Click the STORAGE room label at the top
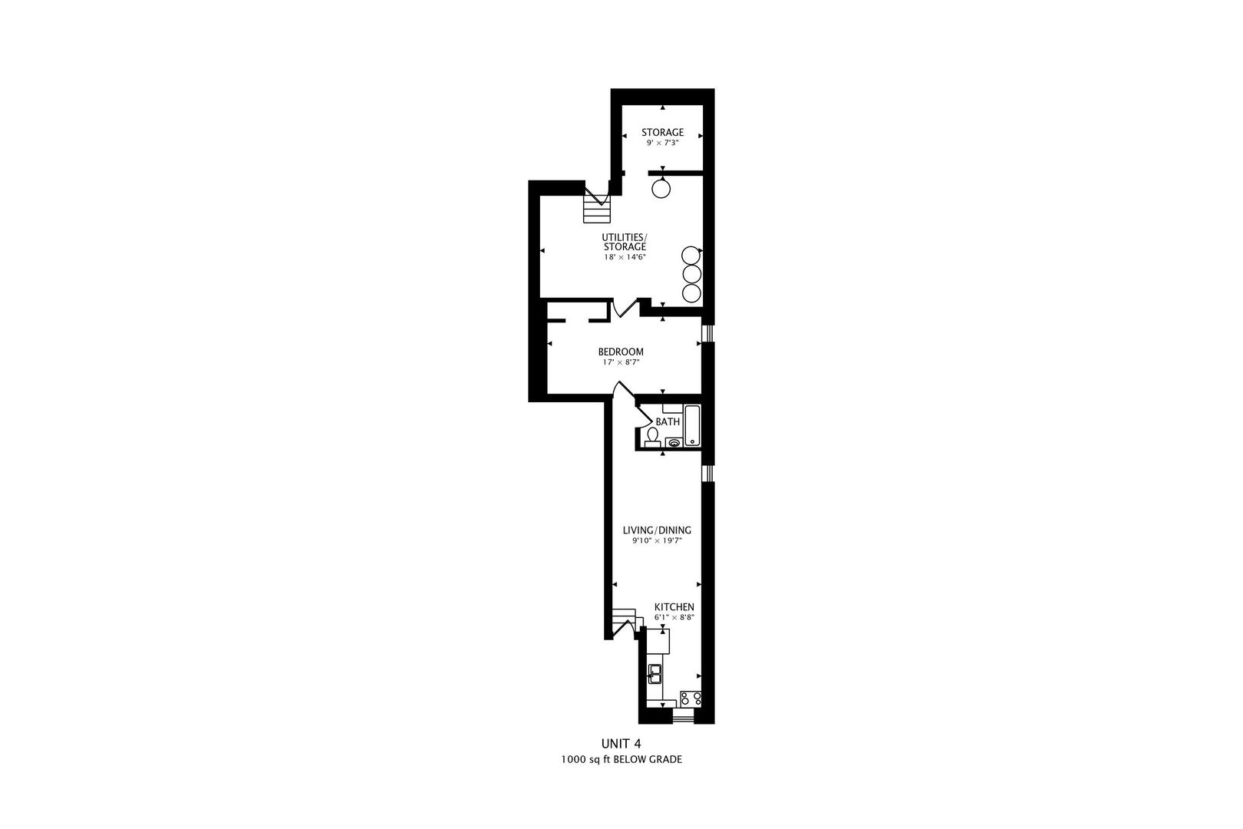[x=663, y=132]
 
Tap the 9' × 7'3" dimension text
[x=663, y=143]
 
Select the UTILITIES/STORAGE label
[x=625, y=242]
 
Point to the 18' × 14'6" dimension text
[x=625, y=257]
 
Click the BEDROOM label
[x=621, y=352]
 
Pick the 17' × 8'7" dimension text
[x=621, y=362]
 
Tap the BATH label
[x=668, y=421]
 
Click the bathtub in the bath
[x=692, y=425]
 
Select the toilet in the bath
[x=652, y=438]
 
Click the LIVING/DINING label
[x=657, y=530]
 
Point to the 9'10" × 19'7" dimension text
[x=657, y=541]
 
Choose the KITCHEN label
[x=674, y=607]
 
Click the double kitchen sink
[x=654, y=675]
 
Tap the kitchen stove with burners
[x=691, y=699]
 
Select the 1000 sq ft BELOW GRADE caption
[x=621, y=760]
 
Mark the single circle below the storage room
[x=661, y=189]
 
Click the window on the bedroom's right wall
[x=708, y=332]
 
